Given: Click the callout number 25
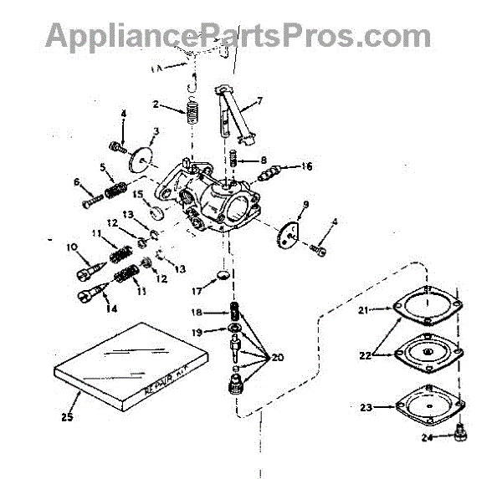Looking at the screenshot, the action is [66, 415].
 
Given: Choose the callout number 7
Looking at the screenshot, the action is [259, 101].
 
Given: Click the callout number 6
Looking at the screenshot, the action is [76, 181].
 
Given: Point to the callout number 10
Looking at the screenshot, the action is [71, 247].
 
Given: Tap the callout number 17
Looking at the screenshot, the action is [197, 293].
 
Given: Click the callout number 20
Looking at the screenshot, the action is [277, 357].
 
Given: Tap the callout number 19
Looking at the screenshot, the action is [198, 333].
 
